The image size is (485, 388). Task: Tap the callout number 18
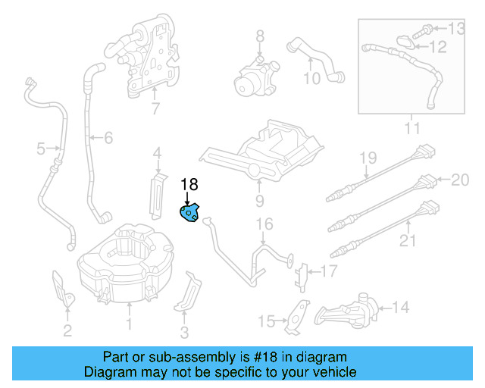tap(189, 184)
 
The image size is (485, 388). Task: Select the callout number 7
tap(155, 108)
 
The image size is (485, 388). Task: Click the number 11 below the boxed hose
tap(411, 129)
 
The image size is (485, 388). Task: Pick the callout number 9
tap(258, 201)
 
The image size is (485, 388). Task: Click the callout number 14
tap(401, 307)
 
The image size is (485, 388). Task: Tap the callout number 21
tap(408, 241)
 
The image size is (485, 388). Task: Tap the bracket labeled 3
tap(189, 295)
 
